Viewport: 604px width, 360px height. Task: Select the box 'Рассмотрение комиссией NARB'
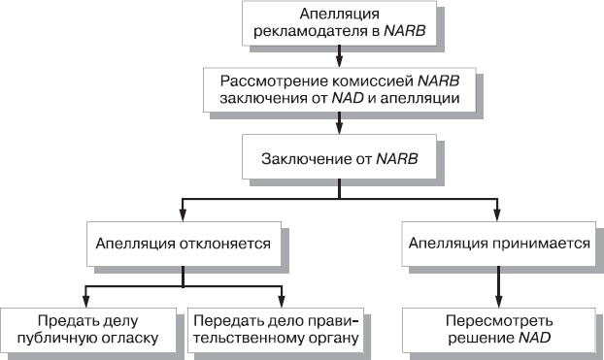(x=339, y=88)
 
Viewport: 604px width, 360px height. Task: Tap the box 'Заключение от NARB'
(x=339, y=155)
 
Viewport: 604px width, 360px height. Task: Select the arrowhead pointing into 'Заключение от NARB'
(x=339, y=127)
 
